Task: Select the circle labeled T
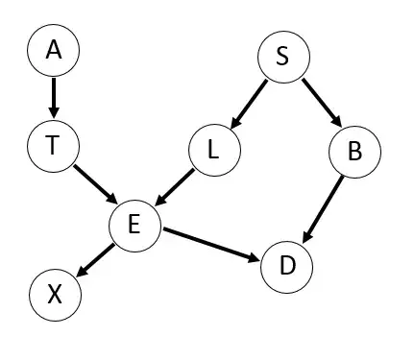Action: click(54, 146)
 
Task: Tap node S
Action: click(282, 57)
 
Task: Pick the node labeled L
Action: click(212, 151)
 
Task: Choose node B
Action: click(354, 151)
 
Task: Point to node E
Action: click(134, 225)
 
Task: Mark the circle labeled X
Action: click(55, 294)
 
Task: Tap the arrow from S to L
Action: click(249, 103)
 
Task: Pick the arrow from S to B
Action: click(318, 103)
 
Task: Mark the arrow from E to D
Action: click(210, 243)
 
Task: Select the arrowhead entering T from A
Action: click(54, 114)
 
